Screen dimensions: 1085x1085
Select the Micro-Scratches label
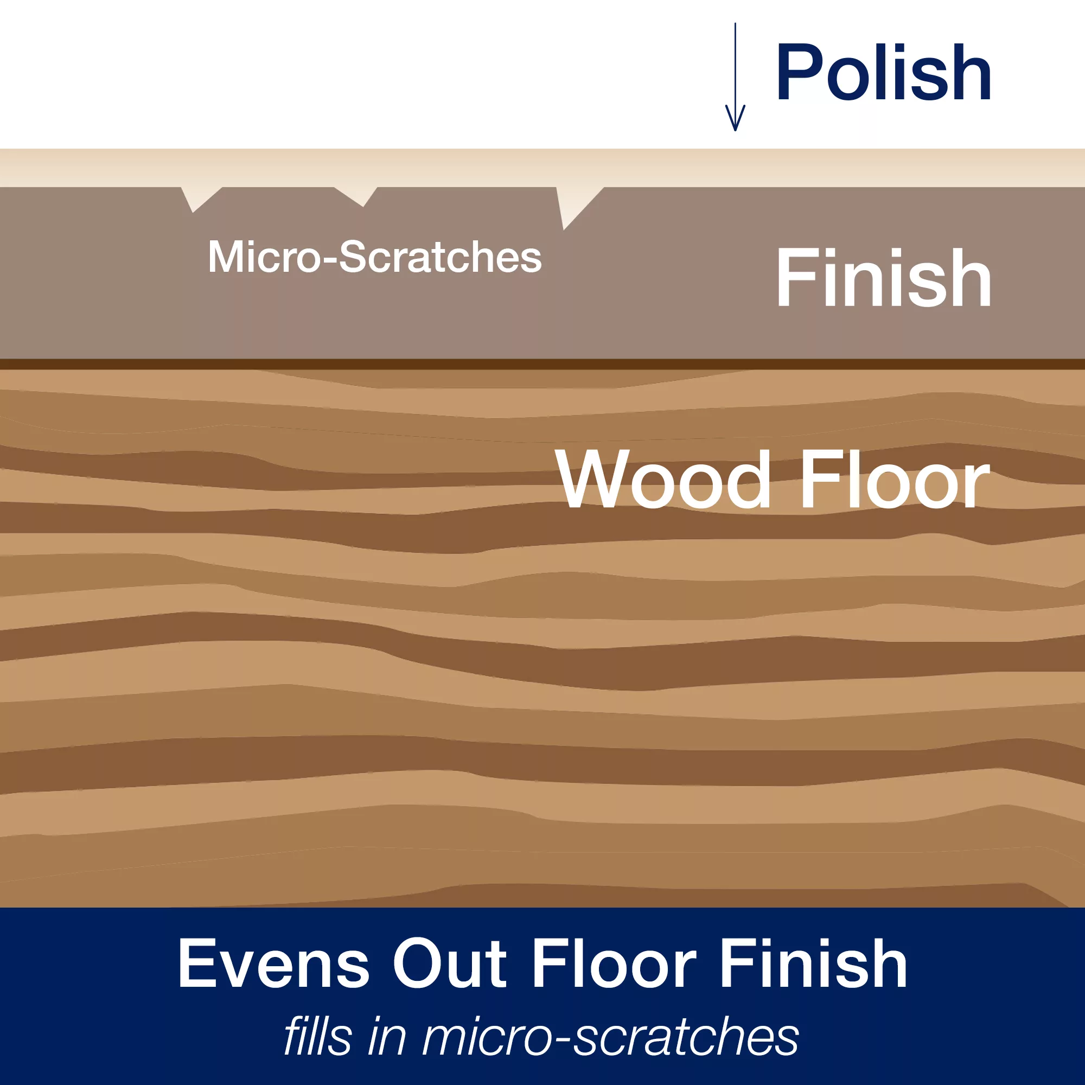coord(374,257)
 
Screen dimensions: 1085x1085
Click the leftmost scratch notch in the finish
coord(196,197)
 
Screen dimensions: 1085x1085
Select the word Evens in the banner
coord(273,963)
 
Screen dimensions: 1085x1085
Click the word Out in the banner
coord(449,963)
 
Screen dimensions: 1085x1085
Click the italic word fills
coord(317,1037)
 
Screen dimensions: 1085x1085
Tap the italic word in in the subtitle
coord(387,1037)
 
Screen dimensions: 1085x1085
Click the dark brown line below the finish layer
coord(542,365)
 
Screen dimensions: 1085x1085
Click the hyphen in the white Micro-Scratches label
coord(330,259)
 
